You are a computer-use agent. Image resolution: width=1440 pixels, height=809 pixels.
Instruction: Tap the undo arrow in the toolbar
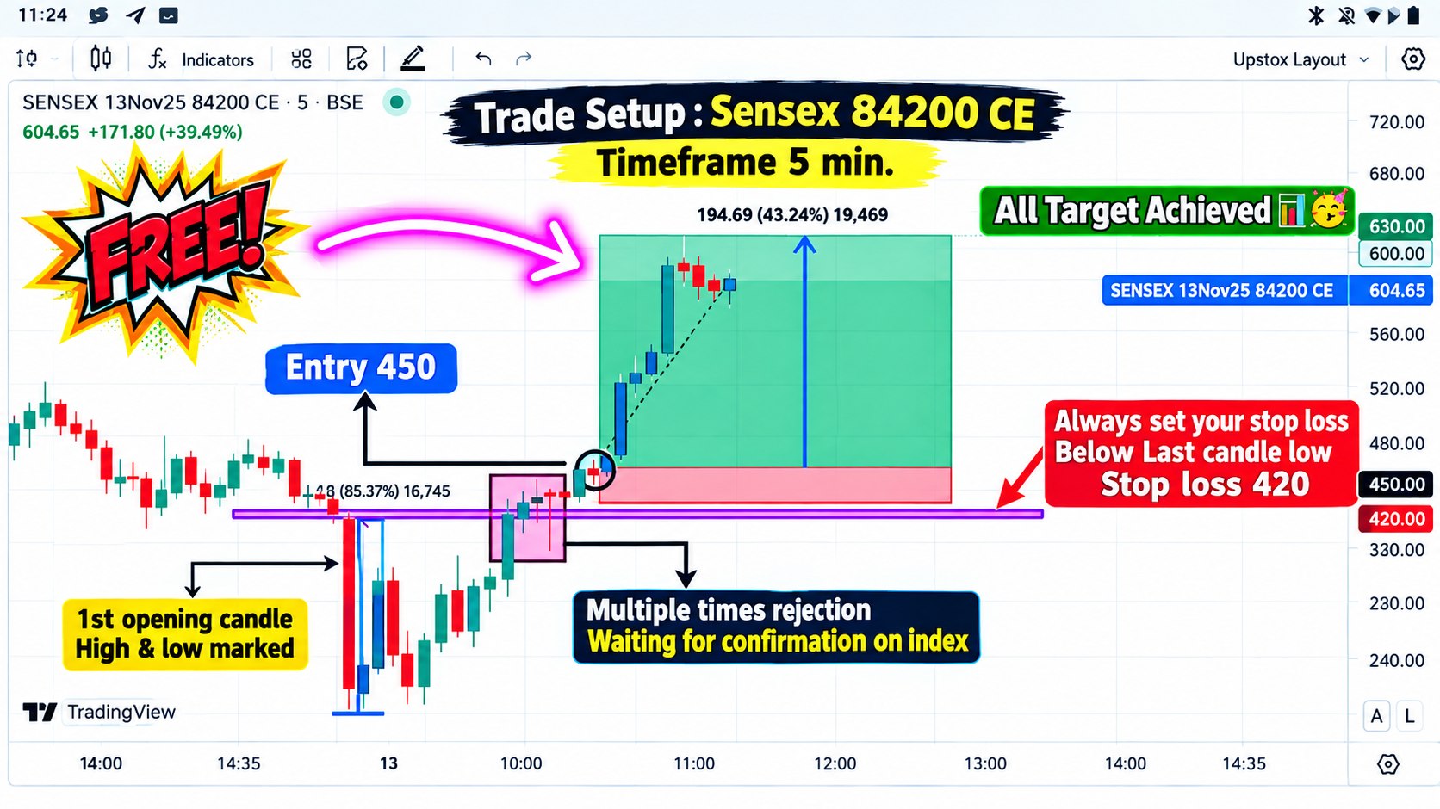point(483,59)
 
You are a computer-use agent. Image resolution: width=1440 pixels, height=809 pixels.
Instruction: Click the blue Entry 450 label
point(361,368)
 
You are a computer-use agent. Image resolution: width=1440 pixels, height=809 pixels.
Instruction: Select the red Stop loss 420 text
point(1205,485)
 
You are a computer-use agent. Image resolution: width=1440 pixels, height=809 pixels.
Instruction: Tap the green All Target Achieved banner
point(1168,211)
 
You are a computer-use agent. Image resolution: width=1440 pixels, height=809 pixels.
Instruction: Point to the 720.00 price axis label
point(1395,122)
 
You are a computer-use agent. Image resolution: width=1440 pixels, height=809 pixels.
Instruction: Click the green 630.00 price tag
point(1395,226)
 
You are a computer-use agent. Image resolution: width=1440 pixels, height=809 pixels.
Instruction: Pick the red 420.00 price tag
point(1395,519)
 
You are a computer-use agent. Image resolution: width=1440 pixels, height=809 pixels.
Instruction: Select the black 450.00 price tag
point(1395,484)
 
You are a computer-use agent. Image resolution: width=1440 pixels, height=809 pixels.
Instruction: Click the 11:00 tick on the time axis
point(694,763)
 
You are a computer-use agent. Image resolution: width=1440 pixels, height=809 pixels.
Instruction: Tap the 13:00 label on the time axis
point(985,763)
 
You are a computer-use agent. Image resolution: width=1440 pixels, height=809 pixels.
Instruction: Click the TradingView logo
point(100,712)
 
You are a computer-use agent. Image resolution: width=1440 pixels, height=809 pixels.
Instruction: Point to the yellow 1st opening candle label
point(185,634)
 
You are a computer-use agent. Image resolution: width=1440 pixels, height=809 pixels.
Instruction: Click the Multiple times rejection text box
point(776,627)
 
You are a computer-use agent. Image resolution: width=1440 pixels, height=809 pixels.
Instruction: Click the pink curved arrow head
point(554,254)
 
